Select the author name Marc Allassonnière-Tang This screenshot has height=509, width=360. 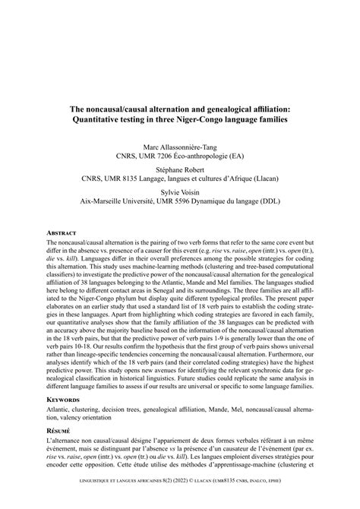pos(180,146)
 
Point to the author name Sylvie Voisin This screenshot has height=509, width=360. pos(180,193)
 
